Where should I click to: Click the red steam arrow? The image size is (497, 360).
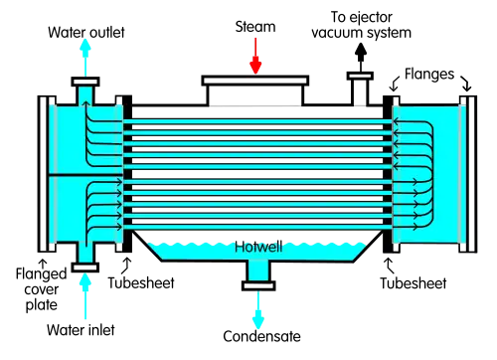click(x=255, y=56)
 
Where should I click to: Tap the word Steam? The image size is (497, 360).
click(x=255, y=27)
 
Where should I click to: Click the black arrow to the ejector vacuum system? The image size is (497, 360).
click(x=361, y=58)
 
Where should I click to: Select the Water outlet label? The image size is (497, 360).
click(x=86, y=33)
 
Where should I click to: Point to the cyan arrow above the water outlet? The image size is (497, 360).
click(x=85, y=58)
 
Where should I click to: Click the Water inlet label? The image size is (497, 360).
click(x=81, y=330)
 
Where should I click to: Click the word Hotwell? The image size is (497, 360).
click(x=258, y=247)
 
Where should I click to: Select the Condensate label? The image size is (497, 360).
click(x=261, y=336)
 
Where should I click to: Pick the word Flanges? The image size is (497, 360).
click(x=429, y=75)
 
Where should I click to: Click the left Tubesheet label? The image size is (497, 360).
click(x=141, y=282)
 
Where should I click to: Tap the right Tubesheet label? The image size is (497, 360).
click(x=414, y=283)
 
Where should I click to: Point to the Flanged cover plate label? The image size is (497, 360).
click(x=42, y=289)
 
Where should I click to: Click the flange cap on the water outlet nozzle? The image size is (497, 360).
click(x=85, y=82)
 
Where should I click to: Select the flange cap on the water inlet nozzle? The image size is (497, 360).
click(x=85, y=268)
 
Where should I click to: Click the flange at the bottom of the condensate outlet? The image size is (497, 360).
click(x=258, y=285)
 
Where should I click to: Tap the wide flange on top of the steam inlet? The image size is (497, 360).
click(x=255, y=81)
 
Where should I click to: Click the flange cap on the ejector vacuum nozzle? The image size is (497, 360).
click(x=360, y=76)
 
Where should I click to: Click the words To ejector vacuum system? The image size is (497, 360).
click(x=362, y=25)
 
